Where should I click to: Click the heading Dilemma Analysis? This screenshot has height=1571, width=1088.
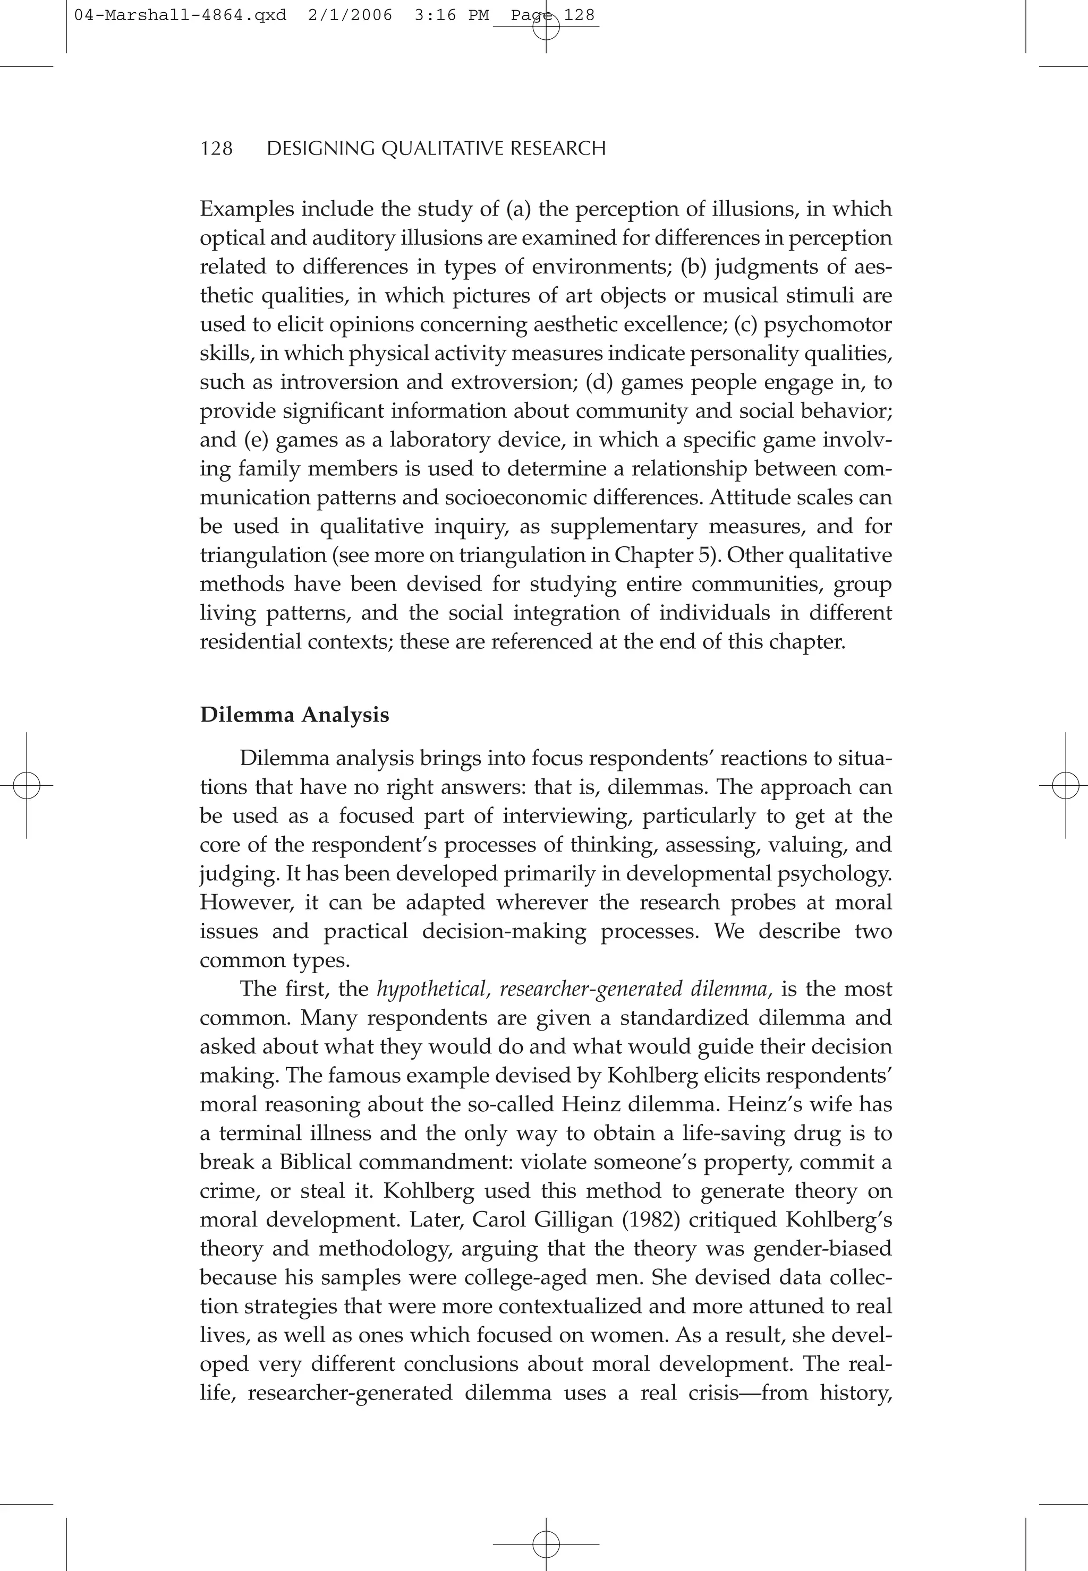tap(294, 715)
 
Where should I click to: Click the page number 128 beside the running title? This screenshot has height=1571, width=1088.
tap(217, 149)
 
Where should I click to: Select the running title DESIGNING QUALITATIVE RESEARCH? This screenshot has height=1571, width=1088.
tap(436, 149)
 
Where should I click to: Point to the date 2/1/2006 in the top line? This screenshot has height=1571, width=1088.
tap(350, 15)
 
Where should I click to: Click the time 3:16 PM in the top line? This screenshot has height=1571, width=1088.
tap(451, 15)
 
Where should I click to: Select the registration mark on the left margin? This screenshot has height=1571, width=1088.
tap(26, 786)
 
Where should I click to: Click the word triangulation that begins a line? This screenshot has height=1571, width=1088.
tap(263, 555)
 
